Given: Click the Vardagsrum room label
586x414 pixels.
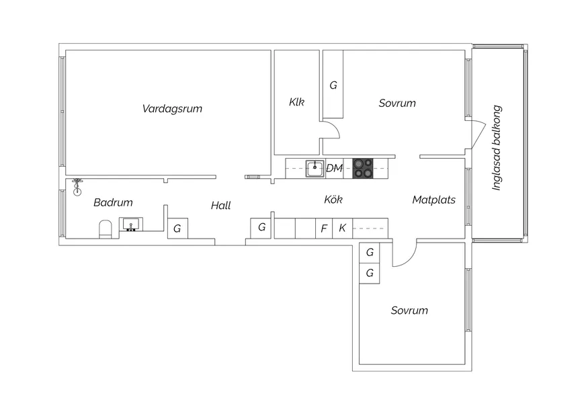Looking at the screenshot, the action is tap(172, 109).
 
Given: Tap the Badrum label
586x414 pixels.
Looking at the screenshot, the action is tap(113, 202).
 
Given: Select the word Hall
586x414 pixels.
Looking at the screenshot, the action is tap(220, 205).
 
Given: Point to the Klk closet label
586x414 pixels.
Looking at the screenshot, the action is tap(297, 101).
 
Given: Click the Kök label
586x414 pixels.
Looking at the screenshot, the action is tap(333, 200).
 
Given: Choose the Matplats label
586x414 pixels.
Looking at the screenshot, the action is tap(434, 200).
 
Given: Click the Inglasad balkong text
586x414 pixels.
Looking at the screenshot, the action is tap(497, 148).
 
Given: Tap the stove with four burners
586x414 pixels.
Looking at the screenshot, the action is tap(363, 168).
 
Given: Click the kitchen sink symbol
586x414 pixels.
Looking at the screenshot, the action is tap(315, 169).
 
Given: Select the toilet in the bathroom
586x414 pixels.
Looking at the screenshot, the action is tap(106, 229).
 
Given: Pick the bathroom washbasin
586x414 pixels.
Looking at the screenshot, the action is tap(131, 224).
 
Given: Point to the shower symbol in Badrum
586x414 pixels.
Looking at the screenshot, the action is tap(77, 188).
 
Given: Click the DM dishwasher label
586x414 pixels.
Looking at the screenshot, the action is tap(334, 168).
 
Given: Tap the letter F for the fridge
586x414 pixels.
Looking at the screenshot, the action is tap(324, 228).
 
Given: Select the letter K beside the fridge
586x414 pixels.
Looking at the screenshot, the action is tap(342, 228).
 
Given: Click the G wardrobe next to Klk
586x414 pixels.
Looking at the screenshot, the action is tap(333, 85).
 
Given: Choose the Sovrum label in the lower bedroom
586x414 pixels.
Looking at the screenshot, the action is tap(409, 310).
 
